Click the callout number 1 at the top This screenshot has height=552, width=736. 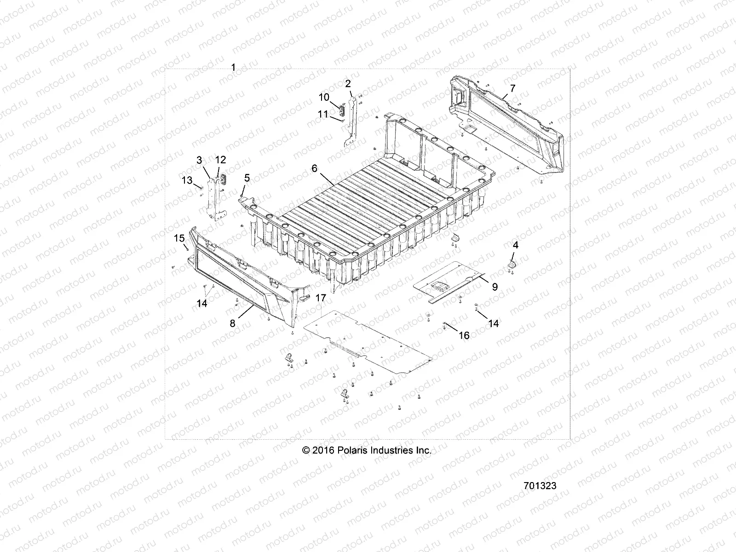[233, 68]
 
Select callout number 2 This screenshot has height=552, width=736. [348, 83]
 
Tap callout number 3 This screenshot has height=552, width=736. [199, 160]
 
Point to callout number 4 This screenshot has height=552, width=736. [516, 245]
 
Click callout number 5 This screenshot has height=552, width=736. [247, 177]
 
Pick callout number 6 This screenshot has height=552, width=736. [315, 168]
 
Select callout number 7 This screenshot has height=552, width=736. [513, 88]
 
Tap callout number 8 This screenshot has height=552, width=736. [233, 323]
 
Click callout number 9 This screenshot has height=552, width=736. [495, 287]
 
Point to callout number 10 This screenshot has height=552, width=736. [324, 97]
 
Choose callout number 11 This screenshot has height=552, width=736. [324, 114]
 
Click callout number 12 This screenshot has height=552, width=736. [221, 160]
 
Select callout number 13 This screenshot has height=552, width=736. [187, 180]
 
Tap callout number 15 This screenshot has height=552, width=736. [179, 238]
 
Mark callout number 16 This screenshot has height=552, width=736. [464, 335]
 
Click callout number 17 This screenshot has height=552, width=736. [321, 298]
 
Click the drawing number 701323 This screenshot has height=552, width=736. [540, 486]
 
